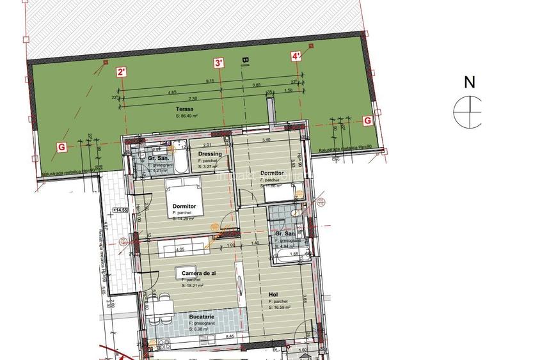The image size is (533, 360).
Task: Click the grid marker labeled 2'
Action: click(122, 72)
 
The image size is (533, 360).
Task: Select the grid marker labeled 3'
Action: click(219, 63)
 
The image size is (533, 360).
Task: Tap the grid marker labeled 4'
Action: click(296, 56)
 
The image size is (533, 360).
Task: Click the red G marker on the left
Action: click(61, 146)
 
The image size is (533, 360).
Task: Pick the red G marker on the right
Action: click(367, 120)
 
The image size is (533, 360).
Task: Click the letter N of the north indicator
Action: click(470, 82)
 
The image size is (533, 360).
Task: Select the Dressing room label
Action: click(210, 154)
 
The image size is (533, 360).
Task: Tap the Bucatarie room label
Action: click(202, 317)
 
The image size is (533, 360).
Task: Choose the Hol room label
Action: click(273, 295)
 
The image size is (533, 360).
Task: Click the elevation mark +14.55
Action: click(120, 210)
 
